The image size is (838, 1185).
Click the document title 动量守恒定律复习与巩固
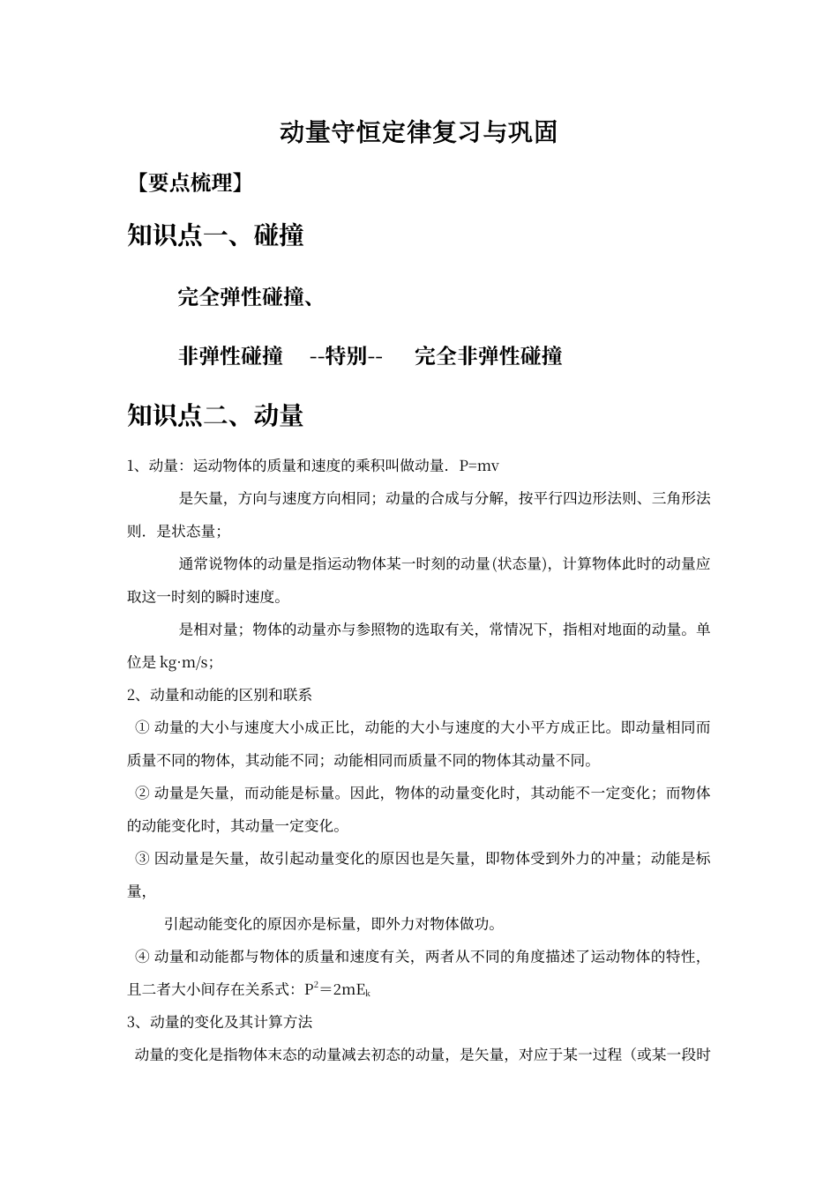418,132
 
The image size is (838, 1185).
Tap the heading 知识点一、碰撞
215,235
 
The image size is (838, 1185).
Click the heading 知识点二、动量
215,414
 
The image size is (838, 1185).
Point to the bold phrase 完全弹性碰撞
241,297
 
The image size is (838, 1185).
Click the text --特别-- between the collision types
346,356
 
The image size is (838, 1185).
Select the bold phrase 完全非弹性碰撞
488,356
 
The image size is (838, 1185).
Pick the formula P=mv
479,466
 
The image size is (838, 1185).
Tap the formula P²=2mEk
337,989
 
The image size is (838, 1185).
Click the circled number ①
142,727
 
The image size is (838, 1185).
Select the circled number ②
142,793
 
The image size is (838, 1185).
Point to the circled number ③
142,858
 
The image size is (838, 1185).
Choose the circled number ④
142,956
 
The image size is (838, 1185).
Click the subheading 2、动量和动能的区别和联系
220,695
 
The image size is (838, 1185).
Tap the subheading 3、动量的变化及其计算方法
220,1022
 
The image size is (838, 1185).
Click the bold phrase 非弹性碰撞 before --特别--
230,356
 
